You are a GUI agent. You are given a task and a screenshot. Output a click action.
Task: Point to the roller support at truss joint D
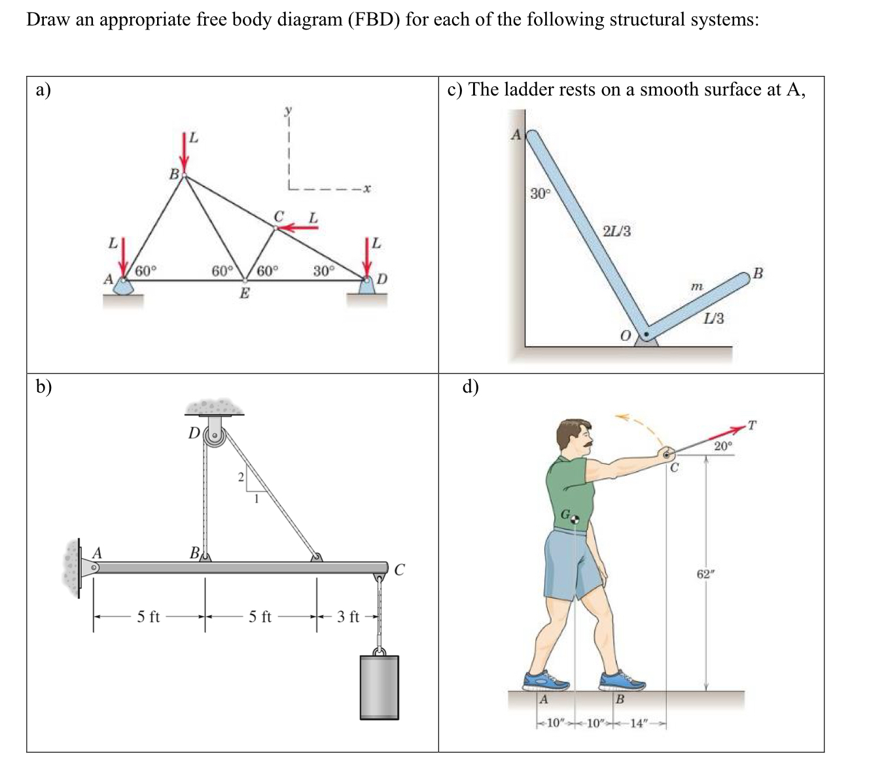pos(367,287)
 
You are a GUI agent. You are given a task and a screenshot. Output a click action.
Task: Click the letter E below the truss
pos(244,293)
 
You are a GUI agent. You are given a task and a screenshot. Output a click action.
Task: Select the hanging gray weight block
pos(379,686)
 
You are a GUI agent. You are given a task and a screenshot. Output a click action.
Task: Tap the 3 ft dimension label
pos(348,617)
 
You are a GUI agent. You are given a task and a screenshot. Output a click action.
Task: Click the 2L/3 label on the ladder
pos(616,232)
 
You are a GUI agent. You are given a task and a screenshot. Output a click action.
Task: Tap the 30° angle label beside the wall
pos(541,194)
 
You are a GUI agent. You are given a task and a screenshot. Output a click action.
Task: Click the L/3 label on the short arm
pos(714,319)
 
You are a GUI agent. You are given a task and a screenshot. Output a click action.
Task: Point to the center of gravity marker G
pos(575,519)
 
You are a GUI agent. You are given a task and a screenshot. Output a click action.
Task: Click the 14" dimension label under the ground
pos(637,724)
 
